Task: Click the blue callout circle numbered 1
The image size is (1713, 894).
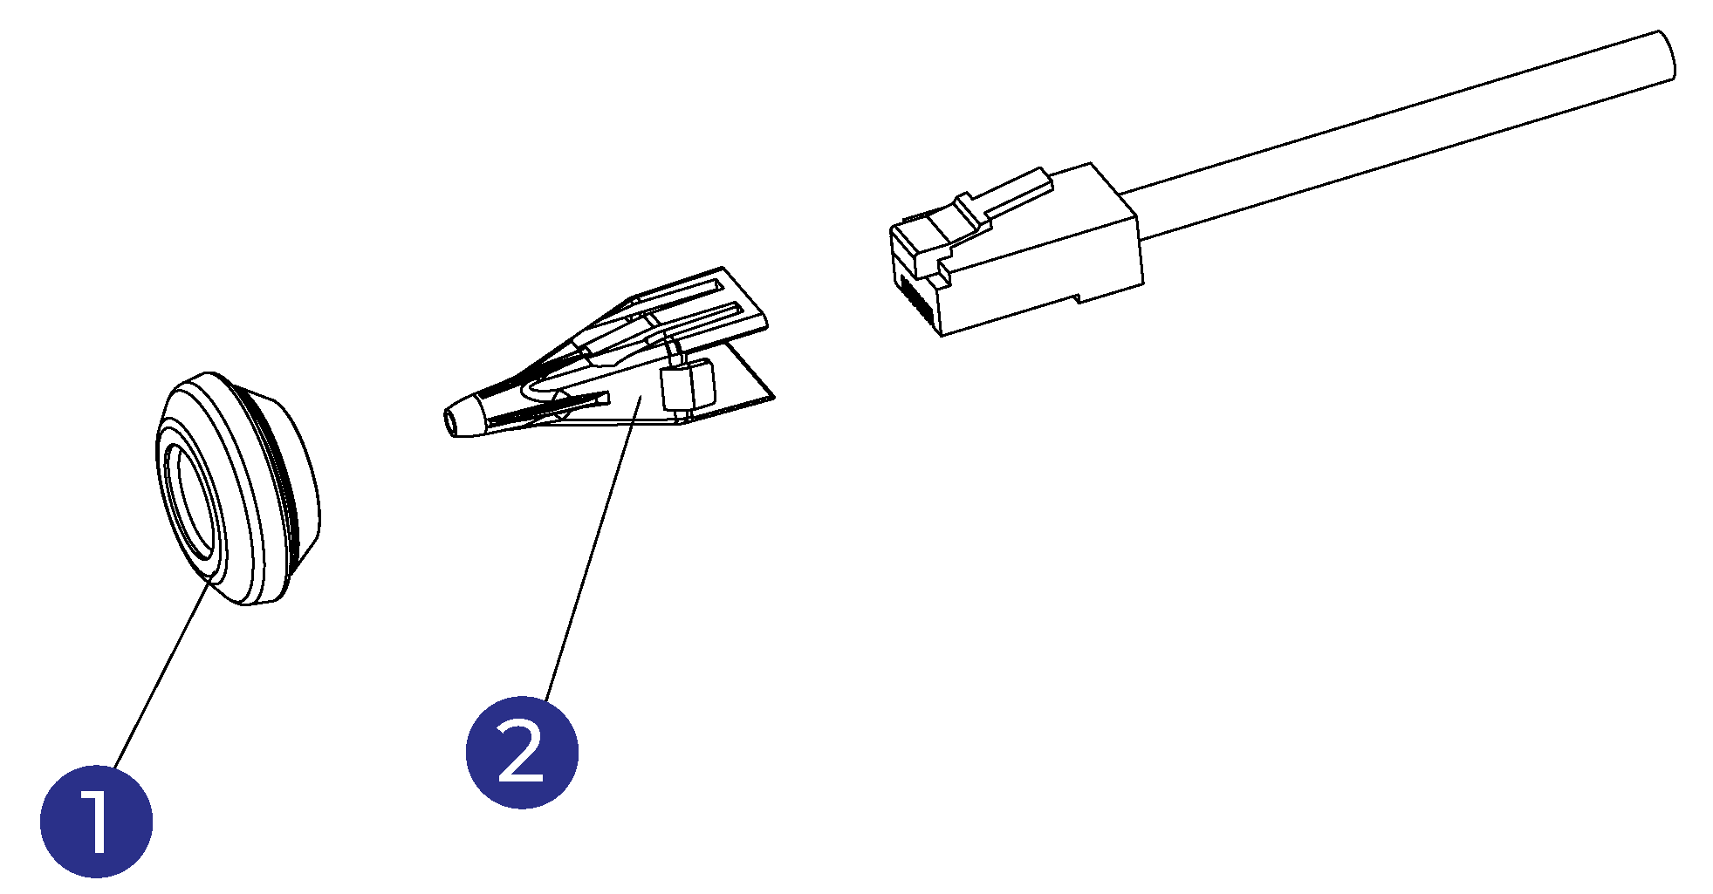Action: tap(96, 822)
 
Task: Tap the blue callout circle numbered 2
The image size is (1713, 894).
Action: tap(522, 752)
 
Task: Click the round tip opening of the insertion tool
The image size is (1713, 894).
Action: tap(451, 421)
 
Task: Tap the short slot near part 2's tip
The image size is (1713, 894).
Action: tap(567, 402)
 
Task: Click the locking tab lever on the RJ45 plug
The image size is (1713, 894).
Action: tap(1012, 192)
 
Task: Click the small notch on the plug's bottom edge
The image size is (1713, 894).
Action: tap(1080, 297)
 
